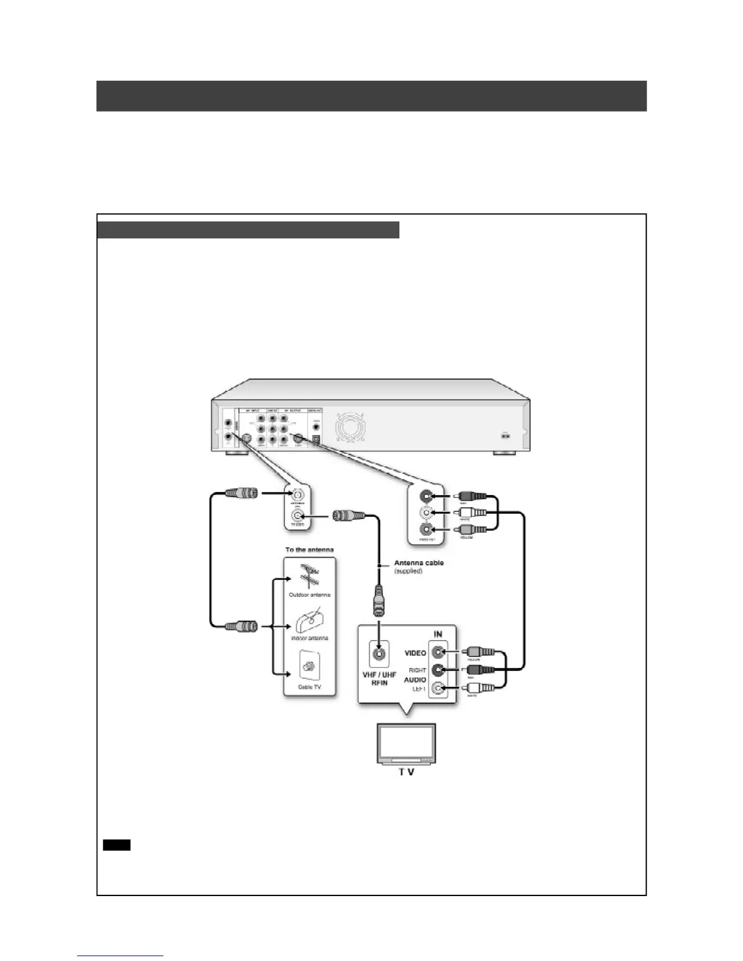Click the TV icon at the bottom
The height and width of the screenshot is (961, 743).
406,744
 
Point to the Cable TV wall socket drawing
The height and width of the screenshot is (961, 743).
310,667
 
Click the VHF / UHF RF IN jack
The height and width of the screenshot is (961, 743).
379,654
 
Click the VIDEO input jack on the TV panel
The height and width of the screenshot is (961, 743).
438,653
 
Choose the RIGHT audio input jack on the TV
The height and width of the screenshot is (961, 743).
438,670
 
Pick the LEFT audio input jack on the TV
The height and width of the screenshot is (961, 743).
438,688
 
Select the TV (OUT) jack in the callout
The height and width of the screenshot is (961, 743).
297,516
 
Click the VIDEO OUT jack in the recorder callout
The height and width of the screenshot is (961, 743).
427,528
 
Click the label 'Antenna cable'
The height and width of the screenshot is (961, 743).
419,563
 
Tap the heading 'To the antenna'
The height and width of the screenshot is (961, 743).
310,550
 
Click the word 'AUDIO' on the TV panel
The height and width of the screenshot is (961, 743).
415,680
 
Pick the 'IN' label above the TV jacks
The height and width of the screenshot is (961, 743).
438,634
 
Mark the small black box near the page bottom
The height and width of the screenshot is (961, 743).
117,845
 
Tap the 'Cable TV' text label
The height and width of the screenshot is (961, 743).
310,687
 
